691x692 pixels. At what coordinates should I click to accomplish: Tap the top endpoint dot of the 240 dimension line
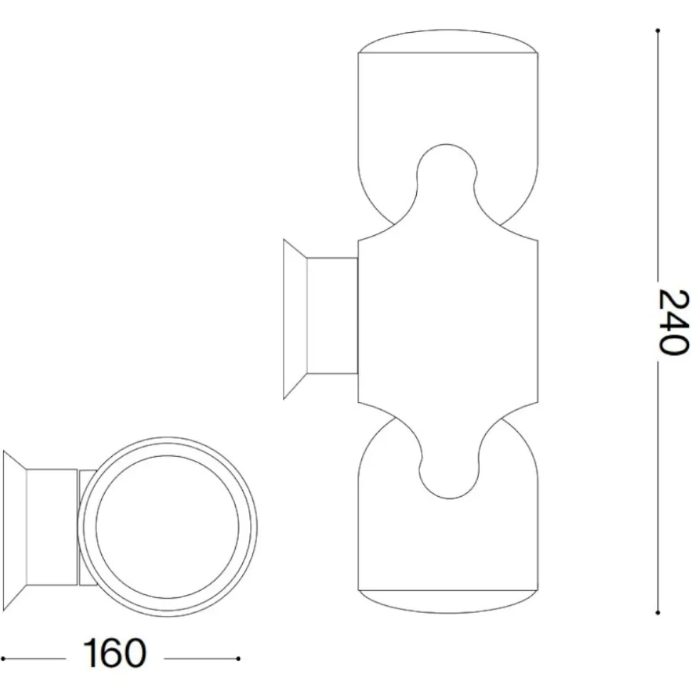(x=658, y=31)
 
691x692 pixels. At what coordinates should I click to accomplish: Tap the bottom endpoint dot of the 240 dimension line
(x=658, y=613)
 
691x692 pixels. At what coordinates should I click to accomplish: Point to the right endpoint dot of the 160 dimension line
(x=238, y=659)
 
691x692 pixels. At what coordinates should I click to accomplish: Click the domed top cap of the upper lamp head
(x=448, y=41)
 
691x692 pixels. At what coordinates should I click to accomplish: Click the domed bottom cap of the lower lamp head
(x=448, y=601)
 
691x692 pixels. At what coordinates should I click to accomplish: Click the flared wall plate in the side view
(x=295, y=319)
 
